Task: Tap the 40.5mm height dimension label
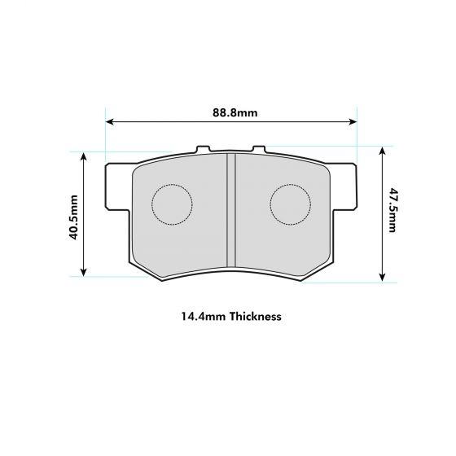coord(73,217)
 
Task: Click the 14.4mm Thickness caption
coord(231,316)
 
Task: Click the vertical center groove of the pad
coord(231,209)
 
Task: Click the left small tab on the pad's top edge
coord(204,150)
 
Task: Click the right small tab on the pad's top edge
coord(259,150)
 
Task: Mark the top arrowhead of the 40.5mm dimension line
coord(84,155)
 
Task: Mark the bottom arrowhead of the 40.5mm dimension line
coord(84,273)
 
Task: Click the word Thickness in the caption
coord(255,316)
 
